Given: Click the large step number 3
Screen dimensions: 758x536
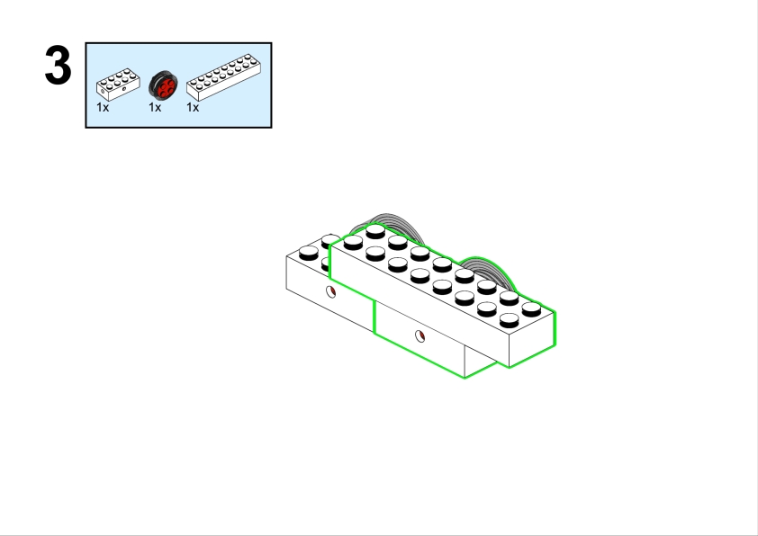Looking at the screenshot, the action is (58, 65).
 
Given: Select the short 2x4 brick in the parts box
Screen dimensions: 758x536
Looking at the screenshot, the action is (118, 84).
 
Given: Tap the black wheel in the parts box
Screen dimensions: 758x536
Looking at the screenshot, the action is (163, 85).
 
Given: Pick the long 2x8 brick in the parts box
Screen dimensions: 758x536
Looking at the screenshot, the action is (224, 77).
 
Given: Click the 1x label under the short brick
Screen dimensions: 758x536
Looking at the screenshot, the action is (103, 108).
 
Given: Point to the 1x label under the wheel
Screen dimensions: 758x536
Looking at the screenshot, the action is (155, 108).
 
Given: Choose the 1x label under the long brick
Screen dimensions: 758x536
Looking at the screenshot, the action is (193, 108).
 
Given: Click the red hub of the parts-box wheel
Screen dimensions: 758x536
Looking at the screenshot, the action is (167, 87).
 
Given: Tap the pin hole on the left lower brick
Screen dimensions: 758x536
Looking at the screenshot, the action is (330, 291).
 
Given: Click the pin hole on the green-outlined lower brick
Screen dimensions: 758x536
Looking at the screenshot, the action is (420, 336).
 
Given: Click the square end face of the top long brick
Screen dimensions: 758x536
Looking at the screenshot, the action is (532, 339).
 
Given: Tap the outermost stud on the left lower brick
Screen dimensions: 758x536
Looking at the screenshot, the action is (309, 253).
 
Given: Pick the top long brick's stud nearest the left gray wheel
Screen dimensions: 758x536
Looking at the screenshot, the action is (375, 231).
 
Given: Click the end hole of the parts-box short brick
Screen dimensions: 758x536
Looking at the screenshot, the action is (103, 90).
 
